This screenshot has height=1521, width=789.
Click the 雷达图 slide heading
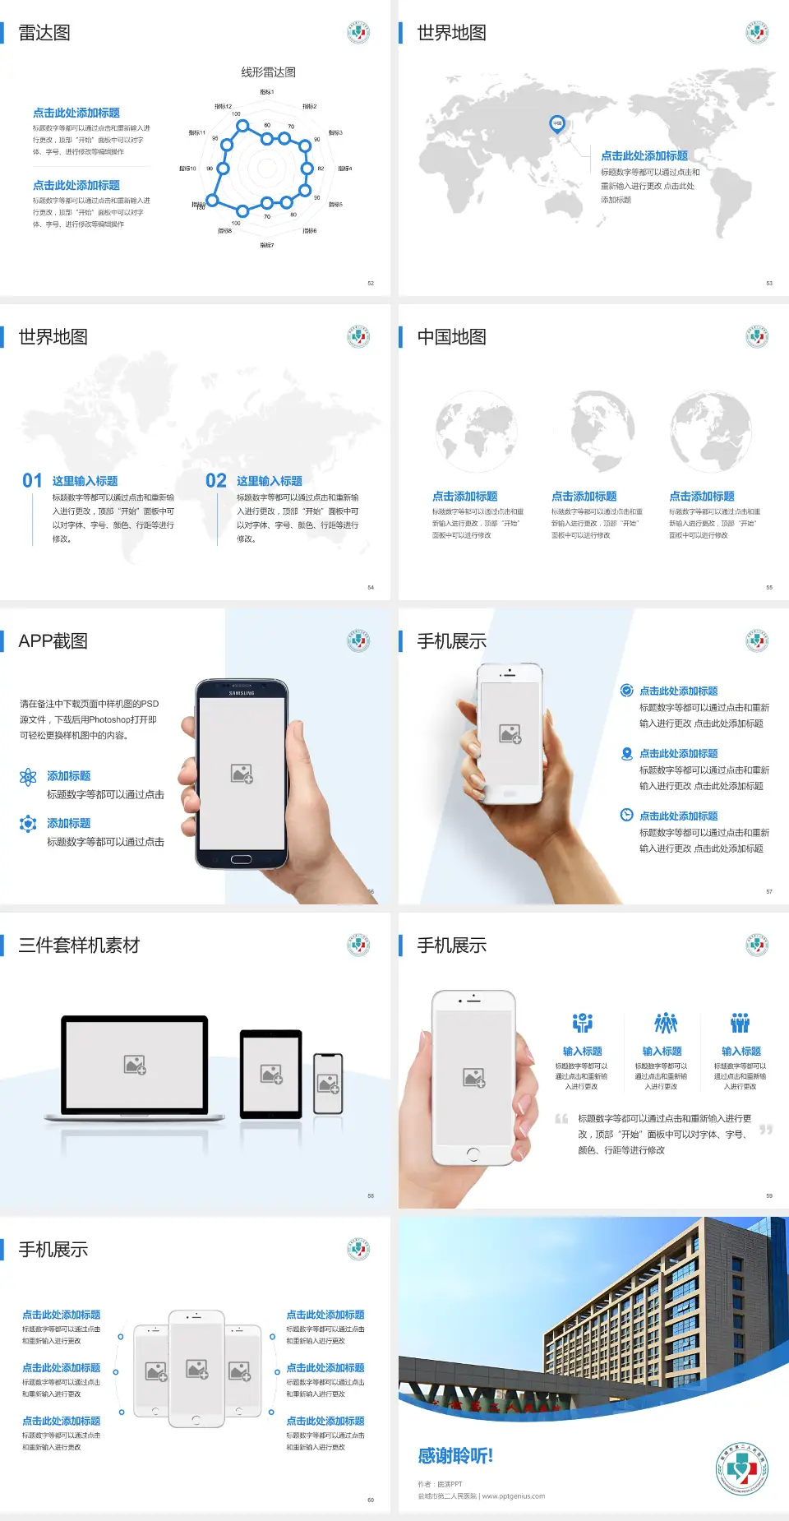point(44,33)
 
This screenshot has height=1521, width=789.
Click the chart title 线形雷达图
point(268,72)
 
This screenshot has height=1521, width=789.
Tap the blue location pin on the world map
point(556,124)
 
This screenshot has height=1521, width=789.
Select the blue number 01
point(32,481)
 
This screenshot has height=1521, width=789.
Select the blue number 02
point(216,481)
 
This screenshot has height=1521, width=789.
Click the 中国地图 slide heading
point(451,337)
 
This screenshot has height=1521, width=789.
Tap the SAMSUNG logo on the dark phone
point(242,693)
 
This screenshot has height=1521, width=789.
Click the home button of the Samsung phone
point(241,860)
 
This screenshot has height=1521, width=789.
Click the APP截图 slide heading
point(53,641)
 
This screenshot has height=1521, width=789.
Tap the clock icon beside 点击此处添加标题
point(626,815)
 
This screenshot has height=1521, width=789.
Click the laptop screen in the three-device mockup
point(135,1065)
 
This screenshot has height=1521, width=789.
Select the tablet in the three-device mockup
point(271,1074)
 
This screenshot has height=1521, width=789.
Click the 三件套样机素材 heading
point(79,945)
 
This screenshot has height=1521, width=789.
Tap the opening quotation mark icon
point(561,1119)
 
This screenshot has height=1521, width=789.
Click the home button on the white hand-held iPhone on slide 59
point(473,1154)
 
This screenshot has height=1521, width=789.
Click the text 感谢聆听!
point(455,1456)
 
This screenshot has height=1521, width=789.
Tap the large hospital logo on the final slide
point(741,1469)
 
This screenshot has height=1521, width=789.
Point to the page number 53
point(769,284)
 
